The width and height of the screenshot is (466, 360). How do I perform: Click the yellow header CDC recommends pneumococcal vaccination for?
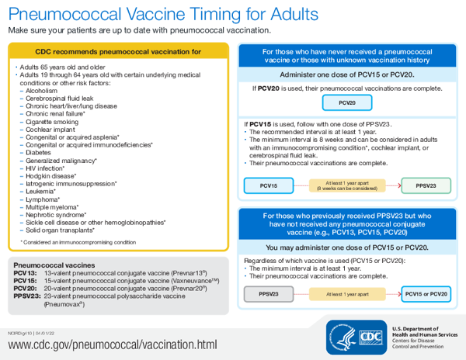118,52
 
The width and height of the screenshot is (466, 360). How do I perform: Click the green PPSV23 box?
426,185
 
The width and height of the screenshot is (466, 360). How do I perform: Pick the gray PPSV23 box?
269,294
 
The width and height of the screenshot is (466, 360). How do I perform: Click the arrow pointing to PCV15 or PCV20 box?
392,294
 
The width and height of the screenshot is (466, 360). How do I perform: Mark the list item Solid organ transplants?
59,230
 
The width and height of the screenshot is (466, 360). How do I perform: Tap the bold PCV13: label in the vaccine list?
26,274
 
